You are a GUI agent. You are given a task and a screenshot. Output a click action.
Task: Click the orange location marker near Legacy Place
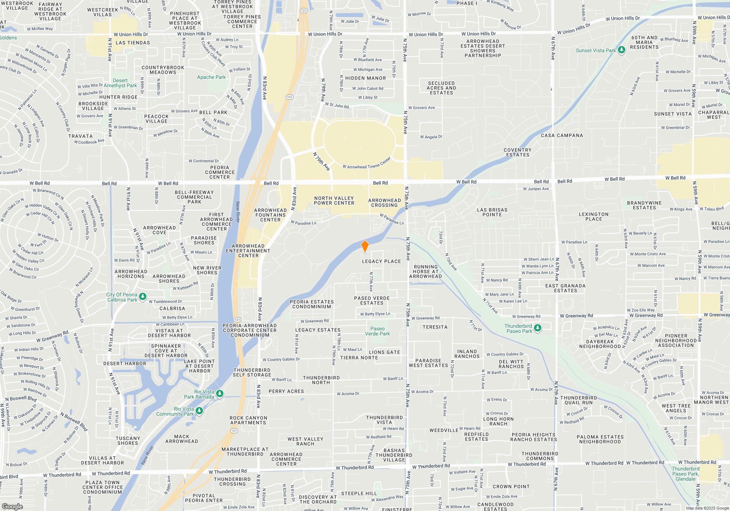(365, 246)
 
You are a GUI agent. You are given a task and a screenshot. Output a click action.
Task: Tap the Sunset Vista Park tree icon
(622, 50)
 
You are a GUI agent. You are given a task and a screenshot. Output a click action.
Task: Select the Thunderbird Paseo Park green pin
(538, 328)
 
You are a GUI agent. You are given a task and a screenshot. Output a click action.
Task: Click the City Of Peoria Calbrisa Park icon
(143, 297)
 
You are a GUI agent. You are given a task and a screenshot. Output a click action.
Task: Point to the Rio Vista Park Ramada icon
(220, 394)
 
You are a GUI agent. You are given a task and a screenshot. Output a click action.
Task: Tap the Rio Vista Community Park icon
(199, 411)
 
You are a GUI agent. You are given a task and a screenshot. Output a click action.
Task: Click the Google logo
(12, 506)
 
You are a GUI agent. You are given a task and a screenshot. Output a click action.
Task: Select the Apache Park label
(211, 77)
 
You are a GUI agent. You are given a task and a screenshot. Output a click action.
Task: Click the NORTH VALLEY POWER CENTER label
(334, 200)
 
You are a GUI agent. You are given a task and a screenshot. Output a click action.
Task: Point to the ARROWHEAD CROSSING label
(384, 203)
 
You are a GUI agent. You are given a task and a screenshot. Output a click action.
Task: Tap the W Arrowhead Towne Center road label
(367, 163)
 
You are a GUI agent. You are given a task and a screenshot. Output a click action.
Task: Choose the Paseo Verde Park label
(377, 331)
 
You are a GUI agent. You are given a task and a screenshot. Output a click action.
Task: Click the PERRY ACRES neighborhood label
(286, 391)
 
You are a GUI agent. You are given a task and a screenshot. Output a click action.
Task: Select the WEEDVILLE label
(444, 430)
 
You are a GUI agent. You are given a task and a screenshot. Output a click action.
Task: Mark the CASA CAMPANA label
(562, 135)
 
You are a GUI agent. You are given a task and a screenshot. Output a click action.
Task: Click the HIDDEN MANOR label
(365, 78)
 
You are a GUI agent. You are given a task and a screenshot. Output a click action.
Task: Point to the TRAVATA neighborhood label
(80, 136)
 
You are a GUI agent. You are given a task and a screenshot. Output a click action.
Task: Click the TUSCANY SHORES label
(128, 441)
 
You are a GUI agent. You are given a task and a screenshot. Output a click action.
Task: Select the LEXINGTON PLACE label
(593, 216)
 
